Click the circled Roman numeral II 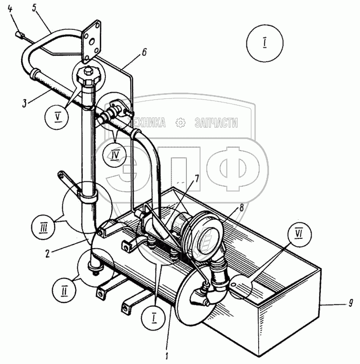coord(64,291)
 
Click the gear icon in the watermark coord(181,123)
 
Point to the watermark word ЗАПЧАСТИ coord(216,123)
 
